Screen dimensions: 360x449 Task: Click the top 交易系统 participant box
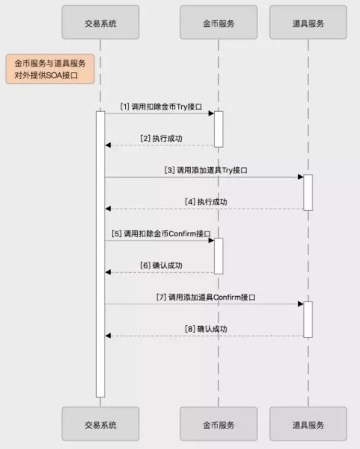101,22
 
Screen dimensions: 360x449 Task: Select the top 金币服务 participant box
218,22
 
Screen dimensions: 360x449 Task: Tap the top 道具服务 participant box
309,22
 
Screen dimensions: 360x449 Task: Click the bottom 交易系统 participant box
101,424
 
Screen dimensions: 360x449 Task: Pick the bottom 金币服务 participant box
218,424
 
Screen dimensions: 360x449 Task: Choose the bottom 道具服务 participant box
309,424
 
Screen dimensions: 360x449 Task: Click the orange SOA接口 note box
50,69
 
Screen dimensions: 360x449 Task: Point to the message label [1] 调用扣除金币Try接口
161,107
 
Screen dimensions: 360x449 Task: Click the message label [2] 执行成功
161,139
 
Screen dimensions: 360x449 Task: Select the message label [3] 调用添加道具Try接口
206,170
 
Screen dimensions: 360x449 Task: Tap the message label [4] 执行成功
206,202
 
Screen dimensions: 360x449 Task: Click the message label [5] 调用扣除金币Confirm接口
161,233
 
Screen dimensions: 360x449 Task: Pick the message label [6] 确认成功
161,266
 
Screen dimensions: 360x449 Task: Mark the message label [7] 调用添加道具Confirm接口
206,298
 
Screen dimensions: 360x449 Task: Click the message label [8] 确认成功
206,329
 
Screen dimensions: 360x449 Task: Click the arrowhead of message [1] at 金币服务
212,113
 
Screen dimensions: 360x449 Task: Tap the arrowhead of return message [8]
108,336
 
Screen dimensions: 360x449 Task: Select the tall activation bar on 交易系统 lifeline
101,254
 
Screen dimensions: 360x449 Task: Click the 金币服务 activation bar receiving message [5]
218,256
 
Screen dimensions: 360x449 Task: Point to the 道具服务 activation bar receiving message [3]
309,192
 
